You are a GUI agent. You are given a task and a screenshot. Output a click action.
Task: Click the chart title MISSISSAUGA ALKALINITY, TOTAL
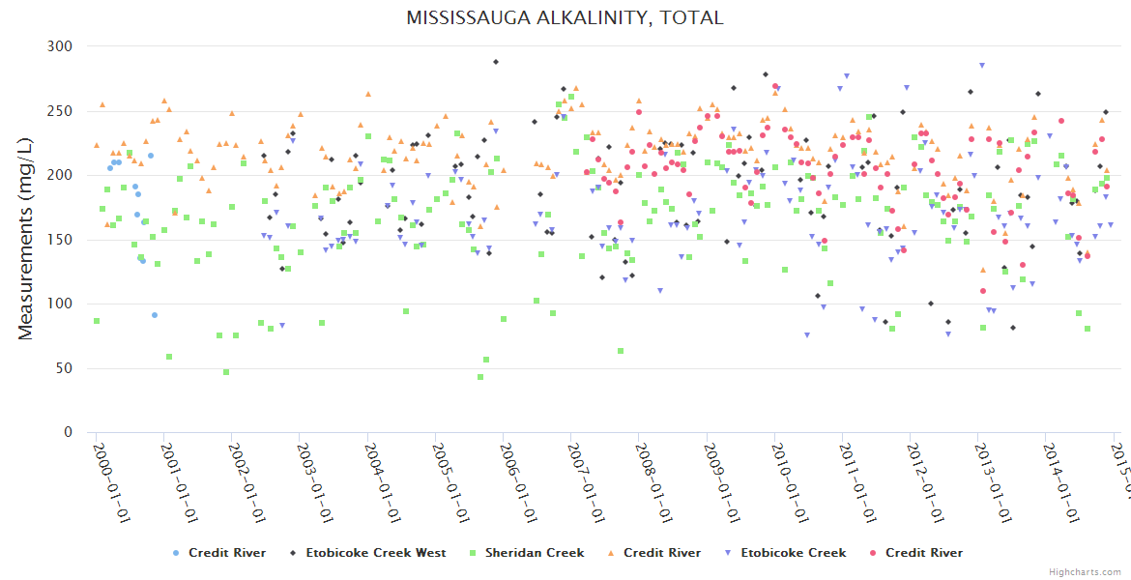pos(565,18)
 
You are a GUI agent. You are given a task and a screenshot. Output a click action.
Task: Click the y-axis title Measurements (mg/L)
pos(26,240)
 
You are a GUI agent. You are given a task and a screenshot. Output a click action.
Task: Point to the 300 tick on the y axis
pos(60,46)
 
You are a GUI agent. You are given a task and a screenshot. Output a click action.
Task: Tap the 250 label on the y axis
pos(60,111)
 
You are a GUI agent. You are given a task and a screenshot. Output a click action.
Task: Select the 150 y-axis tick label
pos(60,240)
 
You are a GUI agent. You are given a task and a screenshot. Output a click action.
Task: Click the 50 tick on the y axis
pos(64,368)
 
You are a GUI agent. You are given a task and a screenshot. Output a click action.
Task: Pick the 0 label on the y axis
pos(68,433)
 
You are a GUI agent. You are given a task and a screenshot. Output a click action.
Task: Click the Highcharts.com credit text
pos(1085,572)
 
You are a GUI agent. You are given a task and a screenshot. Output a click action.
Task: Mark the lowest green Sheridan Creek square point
pos(479,377)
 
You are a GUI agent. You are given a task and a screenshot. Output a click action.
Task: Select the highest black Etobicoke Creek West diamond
pos(496,62)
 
